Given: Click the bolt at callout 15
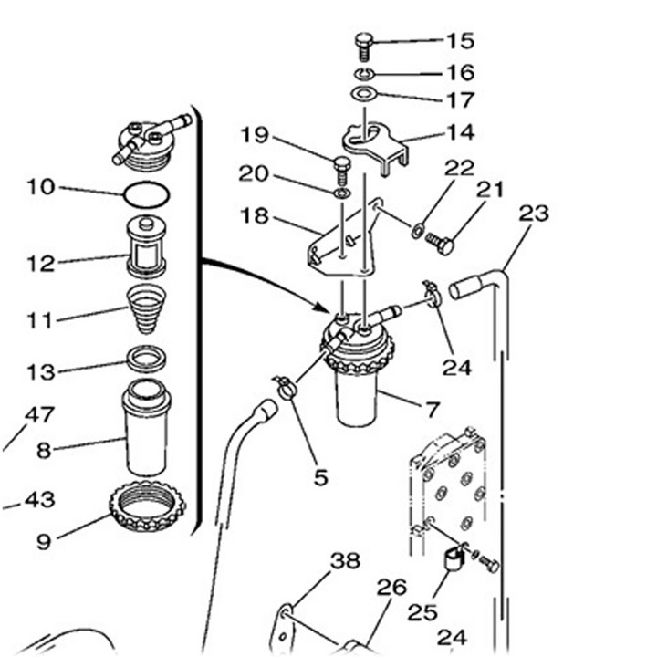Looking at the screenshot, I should pos(363,44).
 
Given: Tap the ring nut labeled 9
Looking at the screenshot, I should pos(147,506).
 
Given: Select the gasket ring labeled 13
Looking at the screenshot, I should pos(146,359).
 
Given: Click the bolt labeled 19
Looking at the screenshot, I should pos(342,169).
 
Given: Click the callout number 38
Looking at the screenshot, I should pos(345,561).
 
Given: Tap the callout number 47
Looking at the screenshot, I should pos(39,415).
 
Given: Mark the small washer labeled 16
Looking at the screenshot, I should pos(363,73).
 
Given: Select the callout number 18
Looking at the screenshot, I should pos(256,215).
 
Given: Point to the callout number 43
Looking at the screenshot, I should pos(39,500).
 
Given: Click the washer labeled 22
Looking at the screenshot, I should pos(418,228).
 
